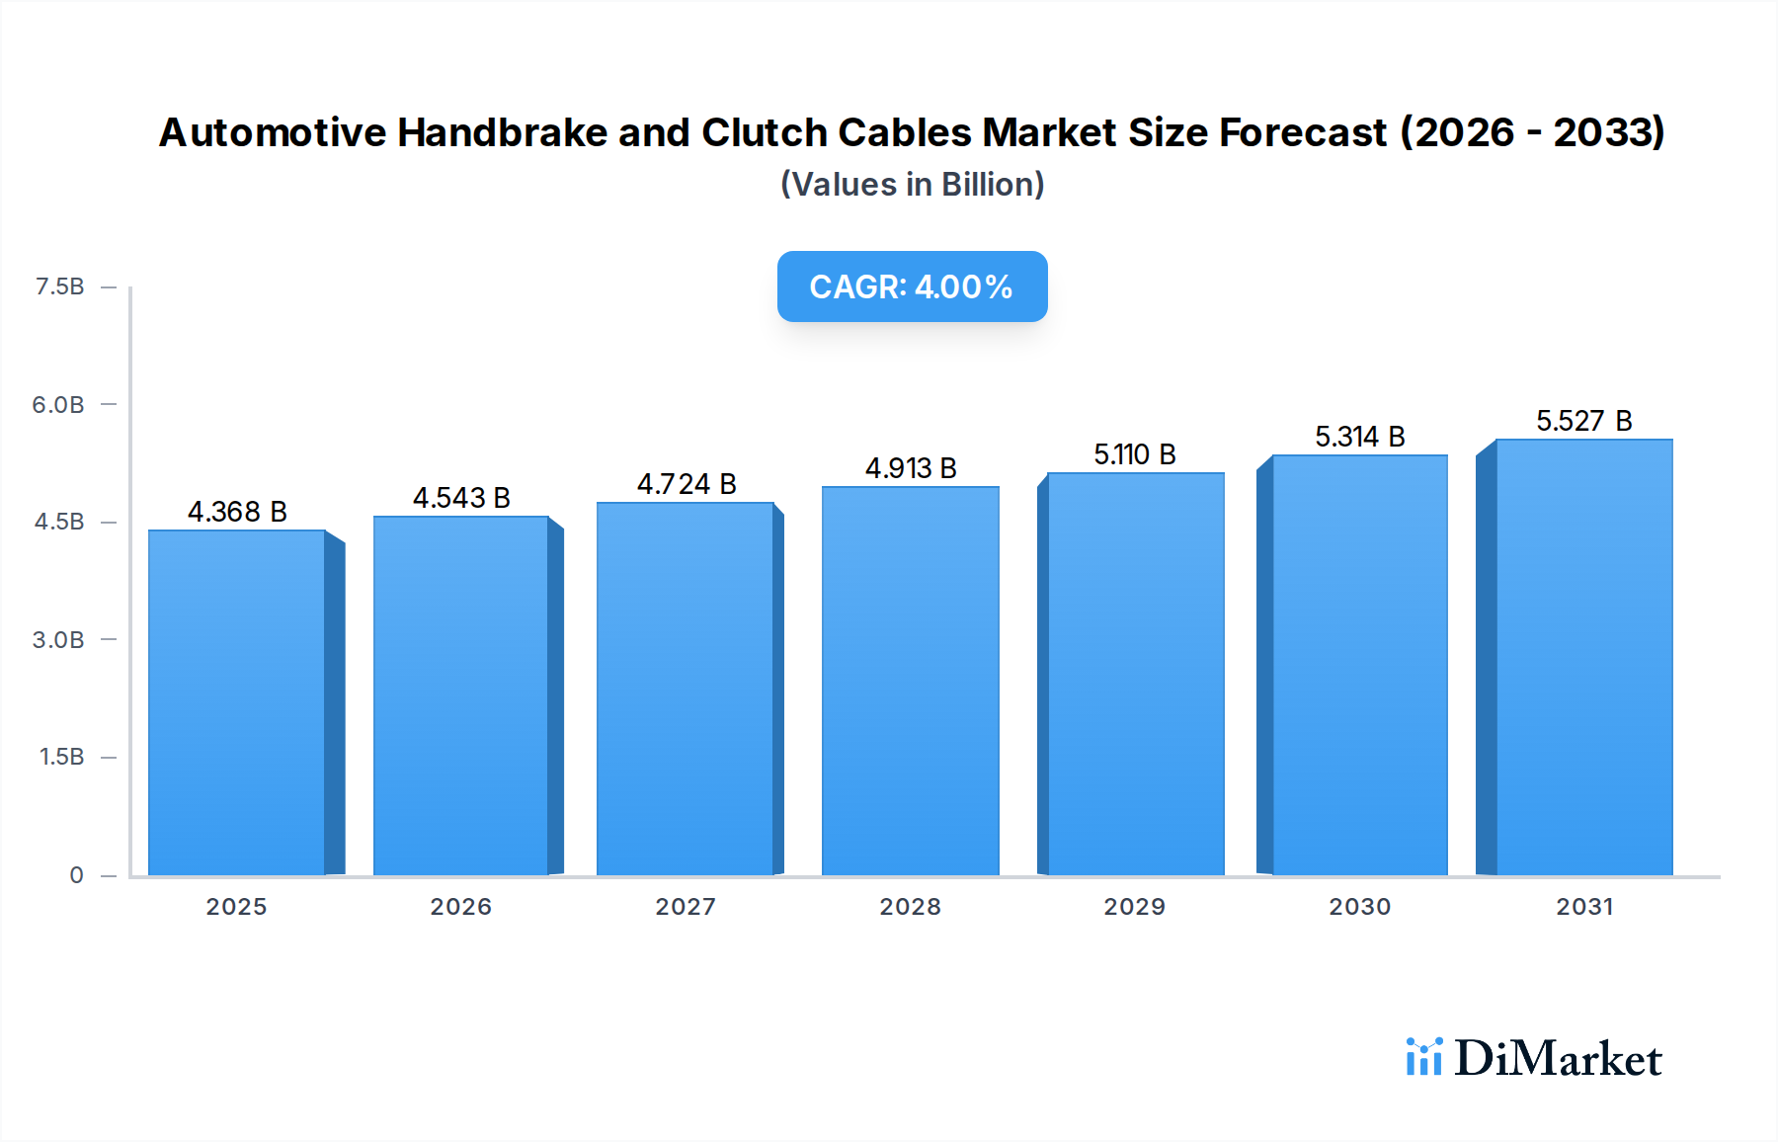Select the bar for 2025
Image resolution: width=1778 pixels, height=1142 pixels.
pos(237,701)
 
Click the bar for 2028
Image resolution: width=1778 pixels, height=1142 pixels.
pos(910,682)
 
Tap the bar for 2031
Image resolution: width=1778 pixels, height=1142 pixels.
pos(1583,657)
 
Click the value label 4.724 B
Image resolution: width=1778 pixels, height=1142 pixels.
pos(687,484)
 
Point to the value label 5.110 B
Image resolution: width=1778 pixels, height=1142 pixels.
pos(1134,454)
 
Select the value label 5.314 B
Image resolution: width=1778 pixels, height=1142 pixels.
pos(1359,437)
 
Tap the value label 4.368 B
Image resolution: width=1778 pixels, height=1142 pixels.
pos(237,512)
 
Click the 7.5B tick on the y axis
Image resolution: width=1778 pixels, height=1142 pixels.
pos(59,286)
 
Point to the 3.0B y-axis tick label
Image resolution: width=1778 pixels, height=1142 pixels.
pos(58,639)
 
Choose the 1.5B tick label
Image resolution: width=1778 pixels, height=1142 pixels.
pos(61,757)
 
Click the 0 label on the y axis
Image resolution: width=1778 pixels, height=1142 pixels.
pos(76,874)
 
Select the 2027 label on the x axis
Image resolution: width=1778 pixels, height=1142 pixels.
pos(686,906)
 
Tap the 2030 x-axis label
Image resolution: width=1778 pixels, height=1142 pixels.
pos(1359,906)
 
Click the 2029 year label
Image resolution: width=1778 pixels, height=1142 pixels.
pos(1134,906)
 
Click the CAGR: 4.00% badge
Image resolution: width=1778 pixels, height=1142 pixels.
pos(912,286)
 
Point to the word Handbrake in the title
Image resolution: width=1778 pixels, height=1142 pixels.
pos(502,132)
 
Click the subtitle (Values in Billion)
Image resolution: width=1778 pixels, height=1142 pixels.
pos(912,185)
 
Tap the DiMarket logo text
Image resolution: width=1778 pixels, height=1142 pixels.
pos(1558,1059)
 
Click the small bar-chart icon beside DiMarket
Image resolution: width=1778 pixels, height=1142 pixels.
pos(1423,1057)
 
